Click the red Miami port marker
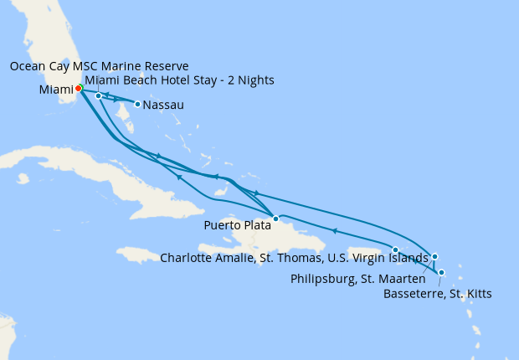(78, 88)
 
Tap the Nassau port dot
(137, 105)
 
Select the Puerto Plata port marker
(275, 219)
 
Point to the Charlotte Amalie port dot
(395, 249)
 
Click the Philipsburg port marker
(434, 256)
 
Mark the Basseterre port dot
(441, 272)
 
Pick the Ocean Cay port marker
(98, 95)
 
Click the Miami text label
(54, 90)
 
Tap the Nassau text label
(163, 105)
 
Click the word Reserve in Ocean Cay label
(164, 66)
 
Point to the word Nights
(254, 80)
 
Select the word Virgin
(374, 258)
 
